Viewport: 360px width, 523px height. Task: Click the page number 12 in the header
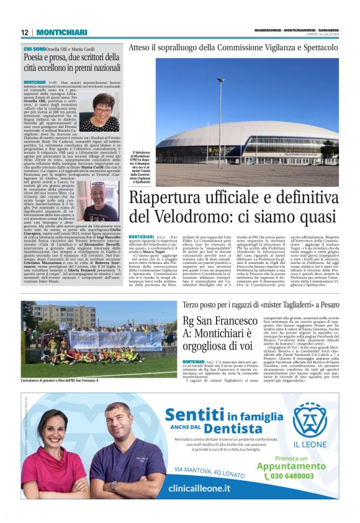click(x=25, y=32)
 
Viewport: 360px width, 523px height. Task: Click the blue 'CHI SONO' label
click(x=34, y=48)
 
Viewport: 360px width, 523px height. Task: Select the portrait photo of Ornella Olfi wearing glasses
click(x=99, y=112)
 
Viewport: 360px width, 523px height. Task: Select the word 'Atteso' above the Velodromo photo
click(x=140, y=47)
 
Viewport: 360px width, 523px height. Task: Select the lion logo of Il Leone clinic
click(x=309, y=421)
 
